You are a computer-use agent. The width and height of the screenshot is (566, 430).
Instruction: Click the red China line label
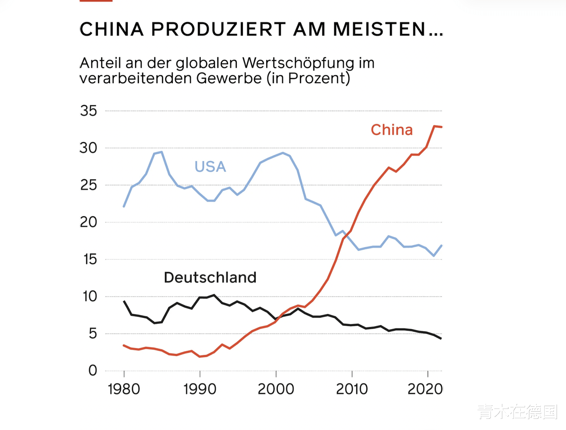[392, 130]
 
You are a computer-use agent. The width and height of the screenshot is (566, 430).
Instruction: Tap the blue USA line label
[210, 167]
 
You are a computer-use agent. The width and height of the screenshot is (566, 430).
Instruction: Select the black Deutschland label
[210, 277]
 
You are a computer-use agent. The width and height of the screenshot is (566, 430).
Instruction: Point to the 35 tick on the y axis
[89, 111]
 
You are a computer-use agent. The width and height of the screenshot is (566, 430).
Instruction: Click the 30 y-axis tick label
[89, 148]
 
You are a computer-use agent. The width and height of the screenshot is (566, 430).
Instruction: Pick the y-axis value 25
[89, 185]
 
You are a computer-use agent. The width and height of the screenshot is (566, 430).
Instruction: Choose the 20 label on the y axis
[89, 222]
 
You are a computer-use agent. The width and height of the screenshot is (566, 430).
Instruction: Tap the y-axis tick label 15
[90, 259]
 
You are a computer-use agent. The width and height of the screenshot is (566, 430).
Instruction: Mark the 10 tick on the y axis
[90, 296]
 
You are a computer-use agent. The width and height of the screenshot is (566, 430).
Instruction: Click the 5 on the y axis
[93, 333]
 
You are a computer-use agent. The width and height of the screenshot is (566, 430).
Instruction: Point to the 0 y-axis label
[93, 370]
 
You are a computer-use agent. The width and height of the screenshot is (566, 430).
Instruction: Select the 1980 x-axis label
[124, 389]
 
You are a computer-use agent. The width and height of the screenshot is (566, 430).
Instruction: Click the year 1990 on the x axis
[200, 389]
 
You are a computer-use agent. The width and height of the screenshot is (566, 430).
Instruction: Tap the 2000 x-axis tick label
[276, 389]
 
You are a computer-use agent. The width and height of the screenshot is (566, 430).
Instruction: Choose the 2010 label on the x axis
[352, 389]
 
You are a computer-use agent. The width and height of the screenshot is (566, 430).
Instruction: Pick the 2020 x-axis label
[425, 389]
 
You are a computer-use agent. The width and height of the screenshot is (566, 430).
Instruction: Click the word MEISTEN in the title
[379, 30]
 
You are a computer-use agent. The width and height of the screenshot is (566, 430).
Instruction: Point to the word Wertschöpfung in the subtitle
[298, 63]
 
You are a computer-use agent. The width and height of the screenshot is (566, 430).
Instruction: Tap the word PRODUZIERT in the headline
[218, 30]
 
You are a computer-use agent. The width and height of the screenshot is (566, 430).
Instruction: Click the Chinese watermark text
[518, 412]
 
